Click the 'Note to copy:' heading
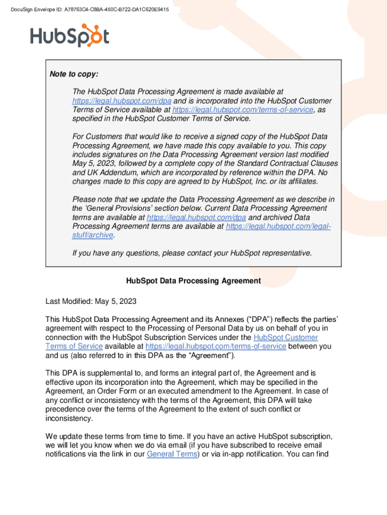click(74, 74)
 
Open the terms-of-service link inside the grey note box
click(243, 110)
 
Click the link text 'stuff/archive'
click(93, 235)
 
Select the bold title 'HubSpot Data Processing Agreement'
click(193, 281)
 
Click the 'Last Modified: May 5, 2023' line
click(91, 302)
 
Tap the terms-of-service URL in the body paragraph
click(216, 347)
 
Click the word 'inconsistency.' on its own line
click(69, 418)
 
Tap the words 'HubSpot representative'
click(270, 253)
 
